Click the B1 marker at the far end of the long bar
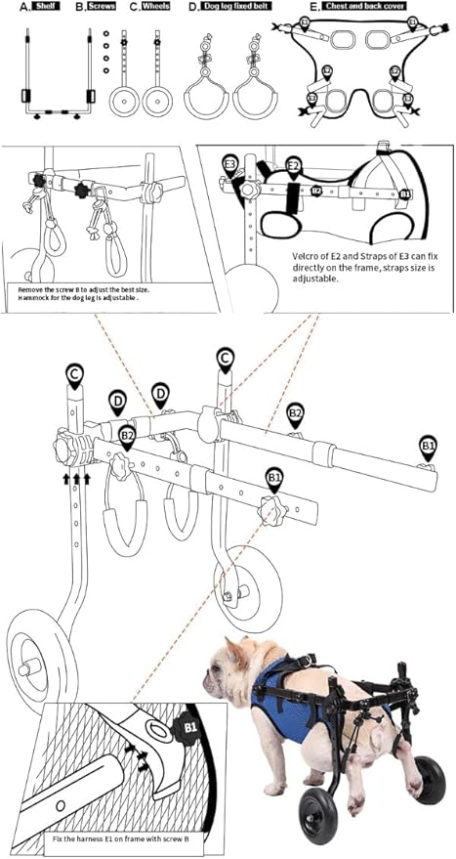[428, 446]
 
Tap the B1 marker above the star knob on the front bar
[275, 477]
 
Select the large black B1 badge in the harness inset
[186, 728]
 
